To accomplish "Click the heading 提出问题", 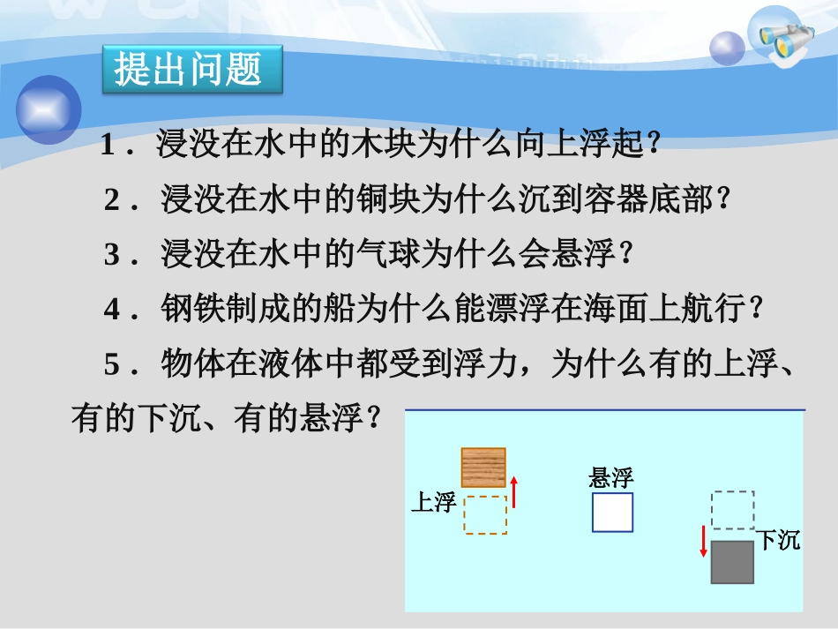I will coord(189,69).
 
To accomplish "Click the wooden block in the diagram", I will coord(483,468).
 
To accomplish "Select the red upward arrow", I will coord(513,492).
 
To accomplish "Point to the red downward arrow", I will coord(704,541).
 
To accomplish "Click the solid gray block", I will coord(732,563).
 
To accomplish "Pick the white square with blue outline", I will coord(612,513).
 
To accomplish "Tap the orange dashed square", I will coord(485,515).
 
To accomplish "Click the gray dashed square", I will coord(733,510).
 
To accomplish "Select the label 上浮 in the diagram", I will coord(433,503).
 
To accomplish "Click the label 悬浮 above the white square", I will coord(611,479).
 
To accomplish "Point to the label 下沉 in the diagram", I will coord(779,540).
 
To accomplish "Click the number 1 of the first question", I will coord(108,146).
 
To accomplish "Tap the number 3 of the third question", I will coord(111,256).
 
